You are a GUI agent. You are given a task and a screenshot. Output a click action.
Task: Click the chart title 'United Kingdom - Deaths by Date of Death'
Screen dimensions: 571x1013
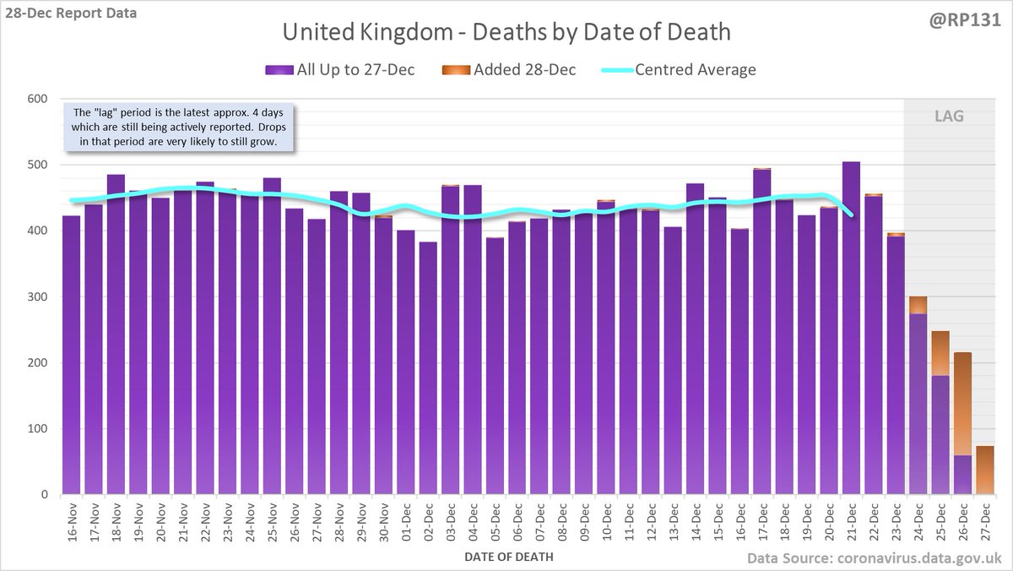[x=506, y=33]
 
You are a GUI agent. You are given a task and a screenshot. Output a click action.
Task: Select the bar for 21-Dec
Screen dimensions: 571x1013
[x=851, y=329]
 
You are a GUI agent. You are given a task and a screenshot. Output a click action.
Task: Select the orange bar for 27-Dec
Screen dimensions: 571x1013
[x=984, y=470]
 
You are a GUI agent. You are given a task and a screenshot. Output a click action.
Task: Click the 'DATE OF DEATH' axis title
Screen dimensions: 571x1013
[x=508, y=557]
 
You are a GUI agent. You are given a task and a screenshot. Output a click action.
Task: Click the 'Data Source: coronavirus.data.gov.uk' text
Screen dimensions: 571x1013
[x=875, y=557]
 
